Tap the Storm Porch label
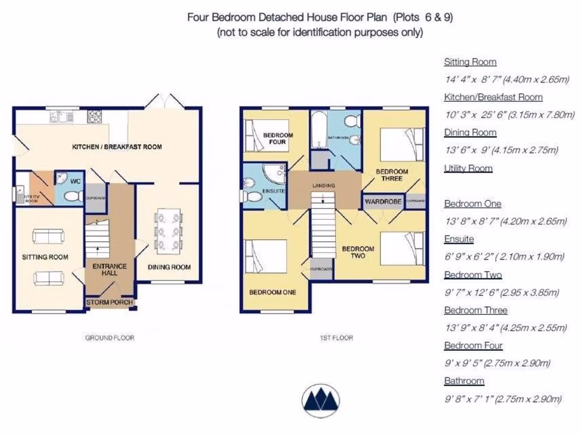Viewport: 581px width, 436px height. (110, 303)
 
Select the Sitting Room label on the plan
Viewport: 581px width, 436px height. (45, 257)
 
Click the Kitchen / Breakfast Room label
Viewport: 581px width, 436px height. (117, 147)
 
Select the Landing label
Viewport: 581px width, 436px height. (323, 186)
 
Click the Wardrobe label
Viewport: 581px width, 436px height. (383, 202)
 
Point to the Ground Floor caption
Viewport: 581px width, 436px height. (110, 338)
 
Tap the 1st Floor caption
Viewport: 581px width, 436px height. (336, 338)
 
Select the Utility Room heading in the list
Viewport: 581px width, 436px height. (468, 168)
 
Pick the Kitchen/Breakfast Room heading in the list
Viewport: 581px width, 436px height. (493, 97)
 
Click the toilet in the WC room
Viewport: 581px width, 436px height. (72, 196)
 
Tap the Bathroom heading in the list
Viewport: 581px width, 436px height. (464, 381)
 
